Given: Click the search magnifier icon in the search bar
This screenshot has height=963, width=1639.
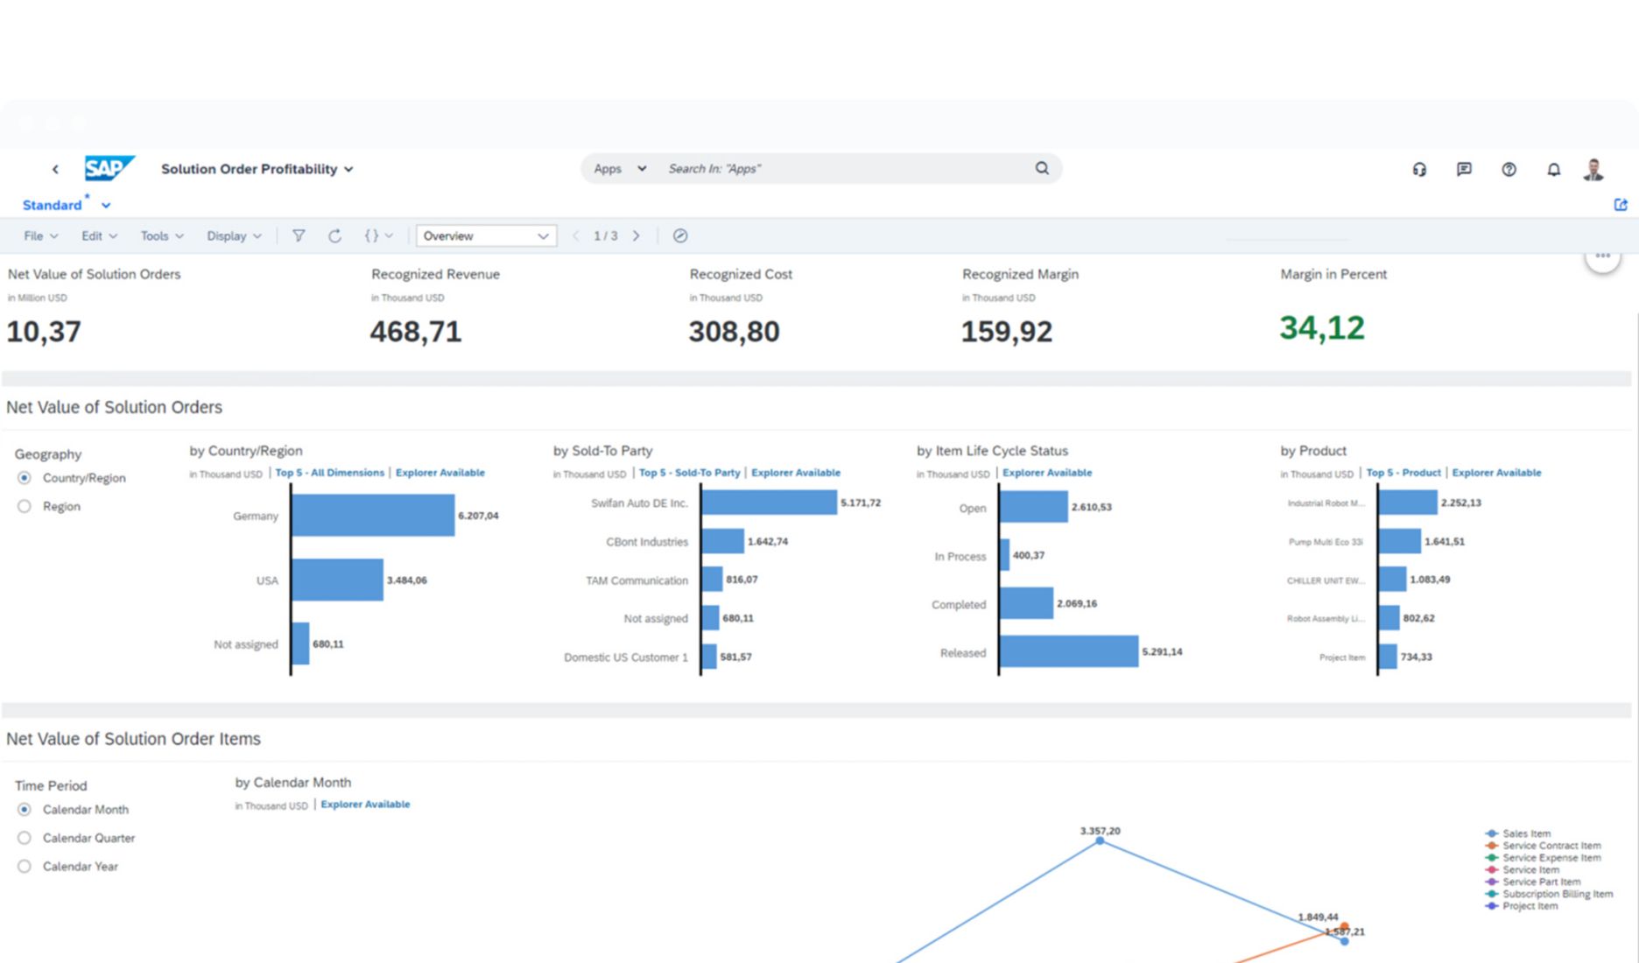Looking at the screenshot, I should pyautogui.click(x=1042, y=168).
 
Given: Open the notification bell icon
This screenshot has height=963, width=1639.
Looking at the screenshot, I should pyautogui.click(x=1553, y=170).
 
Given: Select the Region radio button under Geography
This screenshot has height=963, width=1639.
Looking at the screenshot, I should pyautogui.click(x=25, y=506).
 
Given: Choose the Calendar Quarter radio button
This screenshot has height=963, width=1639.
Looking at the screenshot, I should pyautogui.click(x=25, y=838).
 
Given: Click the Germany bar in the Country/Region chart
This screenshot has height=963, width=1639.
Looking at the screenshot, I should pyautogui.click(x=372, y=516).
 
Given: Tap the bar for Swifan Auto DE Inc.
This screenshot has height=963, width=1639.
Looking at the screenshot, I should pyautogui.click(x=768, y=503).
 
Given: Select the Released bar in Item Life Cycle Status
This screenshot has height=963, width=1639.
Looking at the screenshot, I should pyautogui.click(x=1068, y=651).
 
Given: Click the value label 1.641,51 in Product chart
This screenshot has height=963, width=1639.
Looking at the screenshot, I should pyautogui.click(x=1444, y=541).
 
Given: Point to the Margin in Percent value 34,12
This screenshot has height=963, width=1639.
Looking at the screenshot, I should pyautogui.click(x=1321, y=328).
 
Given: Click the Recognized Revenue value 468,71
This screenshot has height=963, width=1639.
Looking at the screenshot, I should pyautogui.click(x=415, y=332).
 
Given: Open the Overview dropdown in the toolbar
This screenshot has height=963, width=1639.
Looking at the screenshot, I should pyautogui.click(x=486, y=235).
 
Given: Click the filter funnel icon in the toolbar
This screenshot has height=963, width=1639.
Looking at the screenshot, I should pyautogui.click(x=299, y=235).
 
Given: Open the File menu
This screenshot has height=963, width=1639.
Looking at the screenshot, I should pyautogui.click(x=40, y=235).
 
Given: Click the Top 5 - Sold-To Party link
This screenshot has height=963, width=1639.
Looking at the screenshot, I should pyautogui.click(x=689, y=473).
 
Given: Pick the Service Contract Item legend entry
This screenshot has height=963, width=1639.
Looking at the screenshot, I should pyautogui.click(x=1551, y=846).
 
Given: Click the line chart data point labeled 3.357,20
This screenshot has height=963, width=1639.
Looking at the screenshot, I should pyautogui.click(x=1100, y=840).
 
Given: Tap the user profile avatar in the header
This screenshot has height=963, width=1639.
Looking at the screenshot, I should pyautogui.click(x=1593, y=170).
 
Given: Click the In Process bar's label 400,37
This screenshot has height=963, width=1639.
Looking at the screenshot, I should pyautogui.click(x=1028, y=555).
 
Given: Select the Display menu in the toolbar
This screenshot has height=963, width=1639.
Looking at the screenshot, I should pyautogui.click(x=233, y=235).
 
